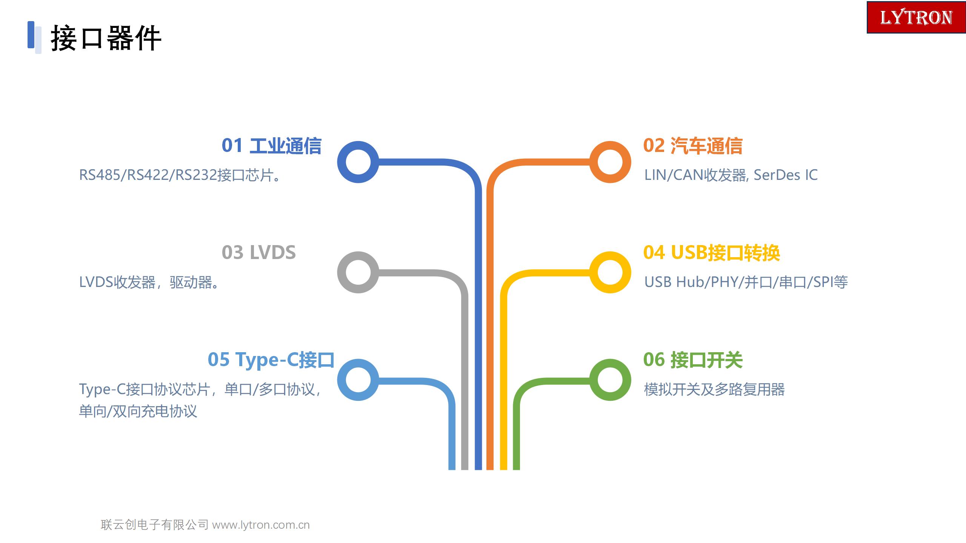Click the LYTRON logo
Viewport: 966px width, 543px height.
coord(916,17)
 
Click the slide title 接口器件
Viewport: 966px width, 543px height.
coord(106,38)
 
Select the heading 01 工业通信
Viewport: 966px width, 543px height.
coord(271,146)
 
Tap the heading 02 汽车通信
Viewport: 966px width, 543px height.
coord(693,146)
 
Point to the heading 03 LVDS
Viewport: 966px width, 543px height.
coord(259,252)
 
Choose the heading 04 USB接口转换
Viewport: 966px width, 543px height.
coord(712,253)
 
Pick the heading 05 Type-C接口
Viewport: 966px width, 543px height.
coord(271,360)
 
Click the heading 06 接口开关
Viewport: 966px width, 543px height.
coord(693,360)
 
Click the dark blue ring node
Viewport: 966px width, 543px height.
coord(341,162)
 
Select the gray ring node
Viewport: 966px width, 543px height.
coord(341,272)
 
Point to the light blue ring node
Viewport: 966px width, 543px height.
coord(341,380)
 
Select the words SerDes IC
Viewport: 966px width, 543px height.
coord(786,175)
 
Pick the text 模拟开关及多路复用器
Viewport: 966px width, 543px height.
coord(714,390)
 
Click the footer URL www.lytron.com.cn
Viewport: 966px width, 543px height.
coord(261,525)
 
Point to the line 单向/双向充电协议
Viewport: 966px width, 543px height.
coord(138,411)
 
